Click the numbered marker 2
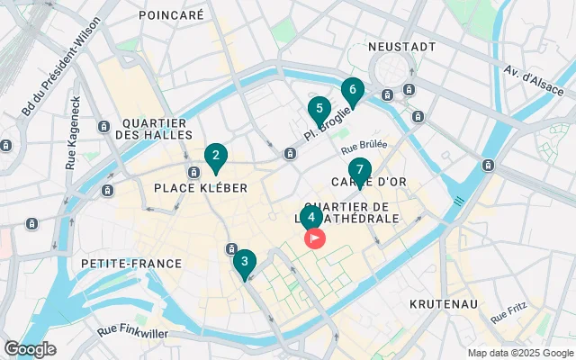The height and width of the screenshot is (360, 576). (x=215, y=157)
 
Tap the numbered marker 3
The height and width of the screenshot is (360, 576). (x=244, y=262)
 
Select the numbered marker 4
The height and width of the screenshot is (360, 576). (x=310, y=217)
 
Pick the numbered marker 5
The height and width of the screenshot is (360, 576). (x=318, y=110)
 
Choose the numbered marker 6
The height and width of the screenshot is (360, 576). (x=352, y=90)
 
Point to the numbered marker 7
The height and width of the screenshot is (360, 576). (x=359, y=170)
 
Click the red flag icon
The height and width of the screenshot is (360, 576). (x=315, y=239)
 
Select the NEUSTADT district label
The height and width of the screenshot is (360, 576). (x=401, y=46)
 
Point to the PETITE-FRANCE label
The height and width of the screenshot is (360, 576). (x=131, y=264)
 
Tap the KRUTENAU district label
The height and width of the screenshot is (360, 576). (x=443, y=304)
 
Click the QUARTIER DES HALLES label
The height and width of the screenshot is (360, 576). (x=154, y=129)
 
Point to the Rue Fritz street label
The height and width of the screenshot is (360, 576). (x=510, y=312)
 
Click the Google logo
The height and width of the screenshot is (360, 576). (x=29, y=349)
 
